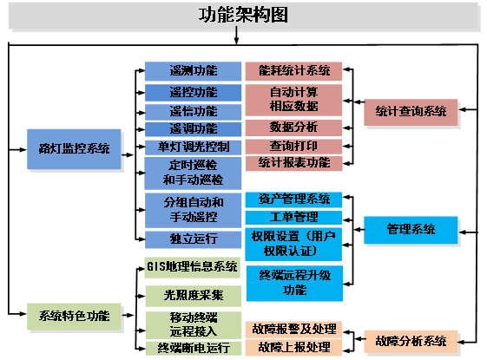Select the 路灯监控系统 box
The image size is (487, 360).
click(x=69, y=148)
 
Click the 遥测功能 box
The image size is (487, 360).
click(x=193, y=71)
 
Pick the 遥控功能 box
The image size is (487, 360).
click(x=193, y=91)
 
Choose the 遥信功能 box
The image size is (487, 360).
click(x=193, y=110)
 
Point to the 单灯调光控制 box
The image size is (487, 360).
click(x=193, y=146)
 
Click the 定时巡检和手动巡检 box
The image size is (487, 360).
click(x=193, y=173)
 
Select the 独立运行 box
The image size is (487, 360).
click(x=193, y=239)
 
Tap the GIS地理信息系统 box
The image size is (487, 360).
click(x=193, y=266)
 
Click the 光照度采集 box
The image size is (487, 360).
click(x=193, y=295)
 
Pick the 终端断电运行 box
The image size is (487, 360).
click(x=193, y=348)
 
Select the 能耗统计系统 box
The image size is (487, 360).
click(x=293, y=71)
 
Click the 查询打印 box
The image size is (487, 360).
click(x=293, y=145)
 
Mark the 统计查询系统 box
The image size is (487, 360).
click(x=411, y=110)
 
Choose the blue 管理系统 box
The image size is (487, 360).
click(x=411, y=229)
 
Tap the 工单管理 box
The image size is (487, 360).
click(x=293, y=217)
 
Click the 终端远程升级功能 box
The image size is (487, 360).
click(x=293, y=282)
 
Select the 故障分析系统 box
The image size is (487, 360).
click(x=411, y=339)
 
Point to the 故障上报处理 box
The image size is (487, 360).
click(x=293, y=347)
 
